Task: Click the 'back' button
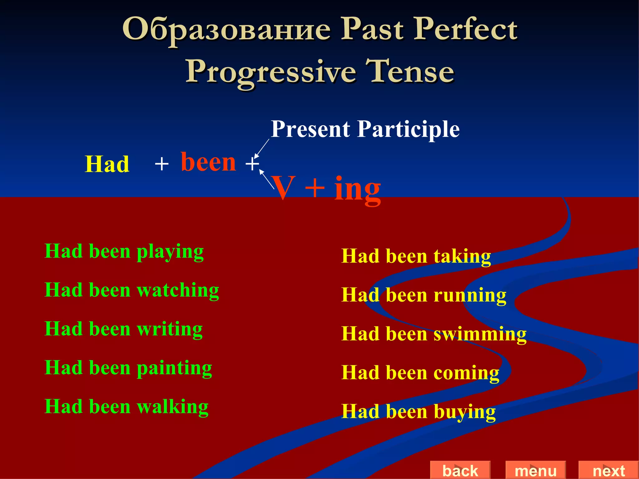coord(460,470)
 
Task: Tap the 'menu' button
coord(535,470)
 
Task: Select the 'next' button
coord(608,470)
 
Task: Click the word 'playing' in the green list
coord(170,252)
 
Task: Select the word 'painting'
coord(174,368)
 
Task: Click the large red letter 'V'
coord(283,188)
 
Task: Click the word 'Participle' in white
coord(408,129)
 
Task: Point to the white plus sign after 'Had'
coord(162,164)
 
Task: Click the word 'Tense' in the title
coord(410,71)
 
